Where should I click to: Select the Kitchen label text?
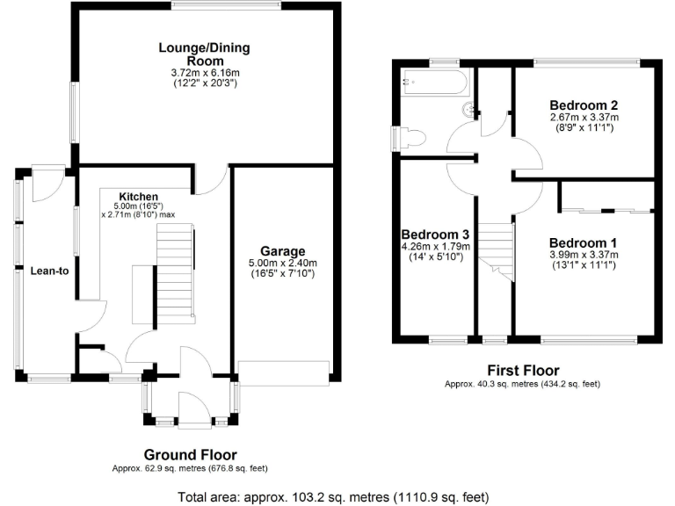(x=139, y=196)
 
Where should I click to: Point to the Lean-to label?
(x=49, y=271)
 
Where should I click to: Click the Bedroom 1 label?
(x=584, y=243)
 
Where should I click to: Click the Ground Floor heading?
(x=191, y=455)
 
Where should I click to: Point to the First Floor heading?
(x=522, y=371)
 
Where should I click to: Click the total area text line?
(x=337, y=496)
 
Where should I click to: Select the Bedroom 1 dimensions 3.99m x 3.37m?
(x=584, y=256)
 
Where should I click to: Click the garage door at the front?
(x=283, y=372)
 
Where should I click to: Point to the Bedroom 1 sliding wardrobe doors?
(x=607, y=210)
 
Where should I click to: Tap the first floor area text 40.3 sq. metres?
(x=522, y=385)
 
